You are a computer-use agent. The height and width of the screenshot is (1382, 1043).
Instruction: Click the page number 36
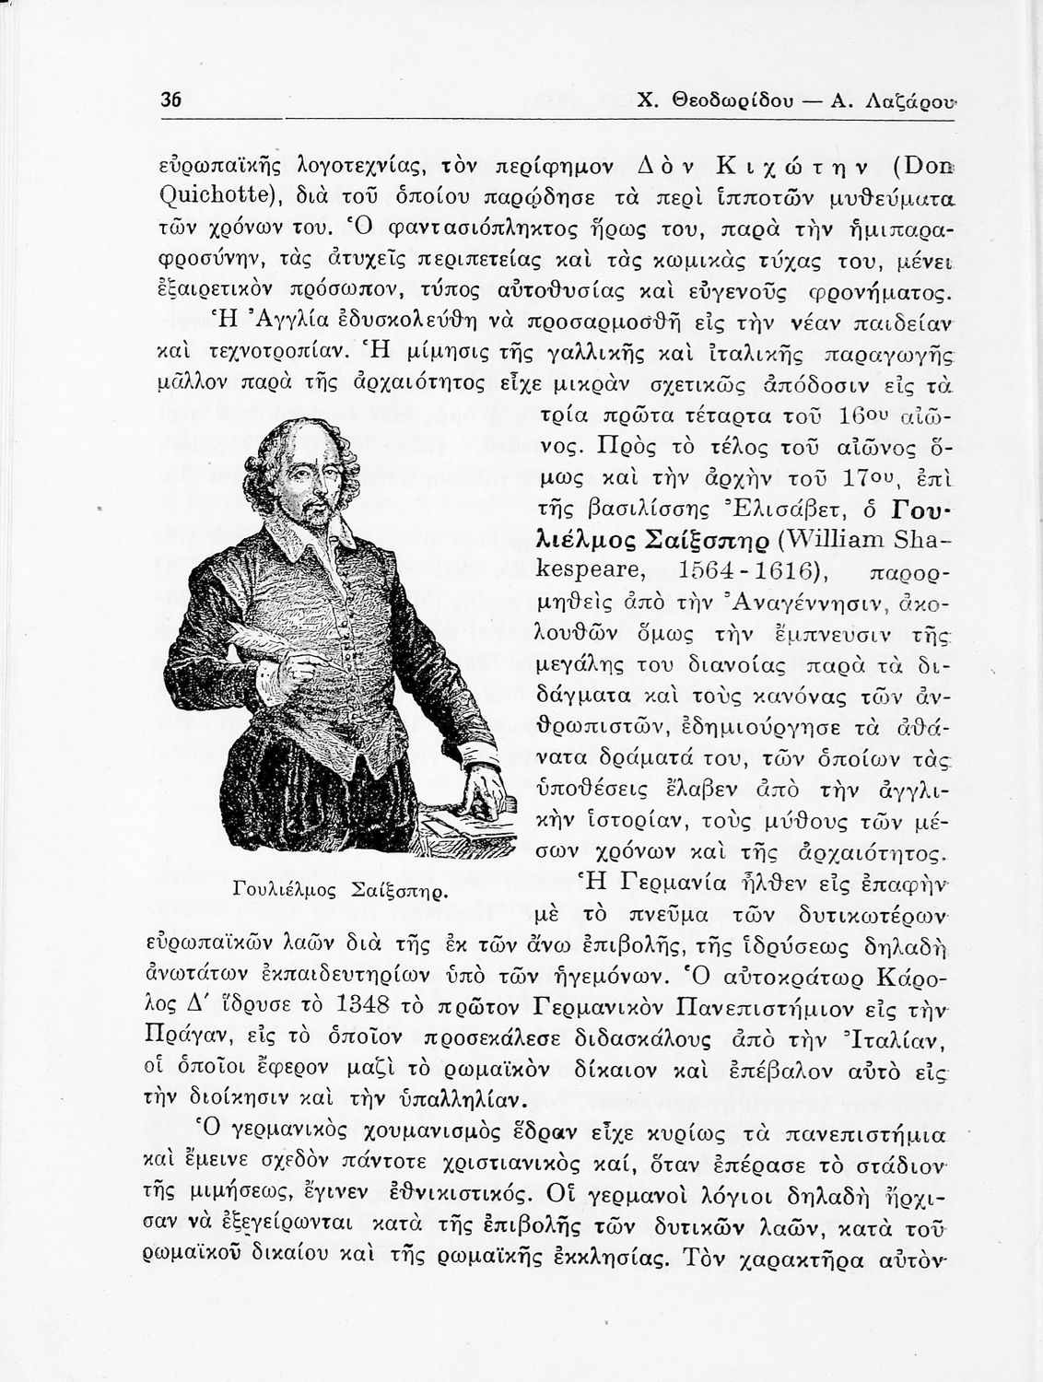pyautogui.click(x=169, y=100)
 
